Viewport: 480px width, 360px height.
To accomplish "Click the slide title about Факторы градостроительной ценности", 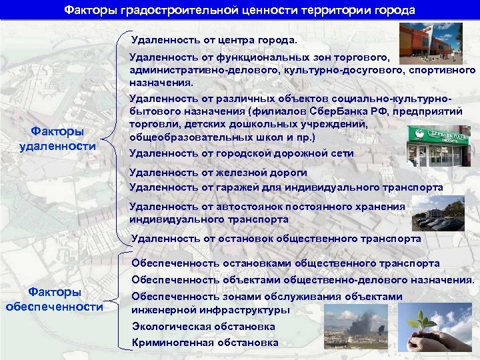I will click(239, 11).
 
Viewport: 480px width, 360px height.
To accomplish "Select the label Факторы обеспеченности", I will click(55, 299).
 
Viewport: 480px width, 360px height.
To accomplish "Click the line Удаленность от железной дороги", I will click(213, 173).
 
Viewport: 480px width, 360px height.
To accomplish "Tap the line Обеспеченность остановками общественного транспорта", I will click(285, 263).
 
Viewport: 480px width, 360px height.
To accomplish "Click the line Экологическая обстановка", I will click(203, 327).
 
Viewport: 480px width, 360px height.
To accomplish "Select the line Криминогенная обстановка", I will click(205, 343).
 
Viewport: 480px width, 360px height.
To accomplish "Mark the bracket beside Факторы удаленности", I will click(120, 138).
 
